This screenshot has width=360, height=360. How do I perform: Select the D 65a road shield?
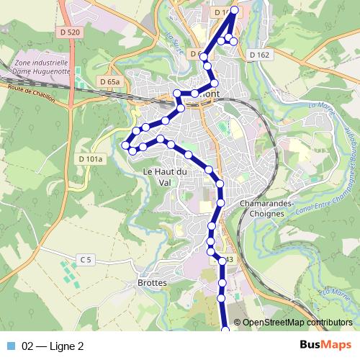pyautogui.click(x=109, y=82)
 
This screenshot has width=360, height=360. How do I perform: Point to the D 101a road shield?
pyautogui.click(x=90, y=158)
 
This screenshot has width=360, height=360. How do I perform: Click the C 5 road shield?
pyautogui.click(x=86, y=259)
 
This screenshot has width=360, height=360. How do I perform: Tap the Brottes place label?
pyautogui.click(x=151, y=283)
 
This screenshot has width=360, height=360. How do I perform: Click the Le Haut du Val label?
pyautogui.click(x=165, y=176)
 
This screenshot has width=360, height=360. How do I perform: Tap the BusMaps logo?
pyautogui.click(x=325, y=346)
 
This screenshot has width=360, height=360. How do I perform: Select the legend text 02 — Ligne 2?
pyautogui.click(x=53, y=346)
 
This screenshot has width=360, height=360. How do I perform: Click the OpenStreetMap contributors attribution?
pyautogui.click(x=297, y=323)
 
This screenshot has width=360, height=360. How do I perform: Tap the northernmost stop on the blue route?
pyautogui.click(x=235, y=9)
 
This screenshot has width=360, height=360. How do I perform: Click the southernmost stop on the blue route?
pyautogui.click(x=225, y=330)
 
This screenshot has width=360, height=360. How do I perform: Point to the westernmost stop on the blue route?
pyautogui.click(x=125, y=145)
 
